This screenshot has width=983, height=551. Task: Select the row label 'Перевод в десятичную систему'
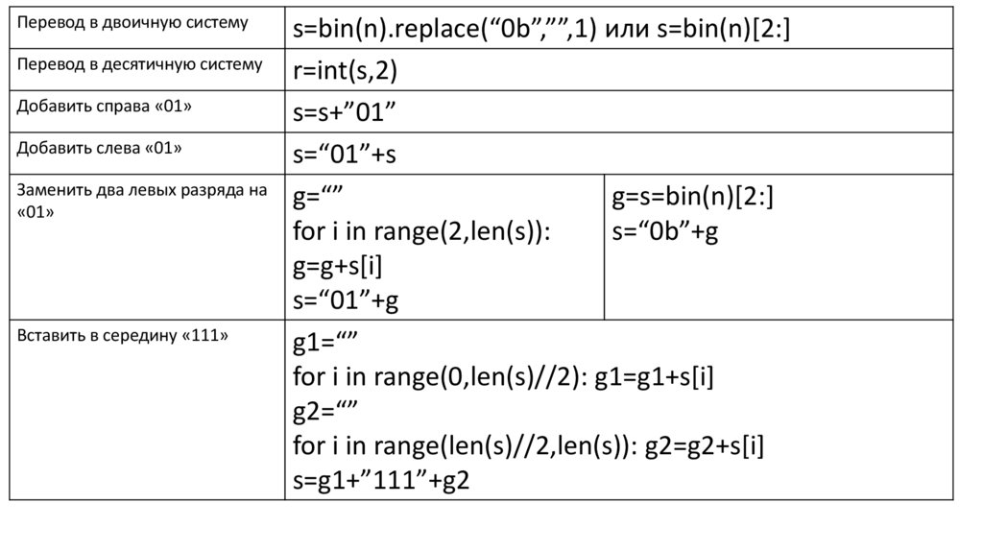139,64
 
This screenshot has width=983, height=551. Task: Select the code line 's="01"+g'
346,300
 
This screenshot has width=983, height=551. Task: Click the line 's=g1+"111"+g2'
381,481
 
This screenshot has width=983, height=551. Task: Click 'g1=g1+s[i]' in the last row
654,377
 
